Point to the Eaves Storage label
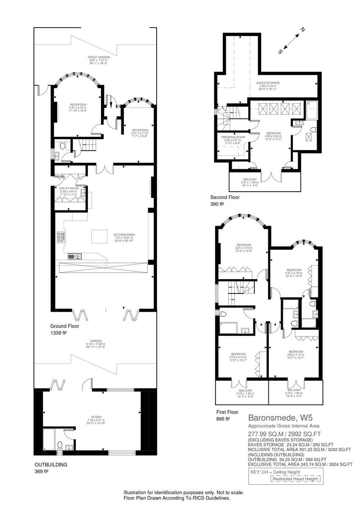point(268,83)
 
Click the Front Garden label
point(99,57)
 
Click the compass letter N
point(303,30)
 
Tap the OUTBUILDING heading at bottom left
point(51,464)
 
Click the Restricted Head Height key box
point(295,479)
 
